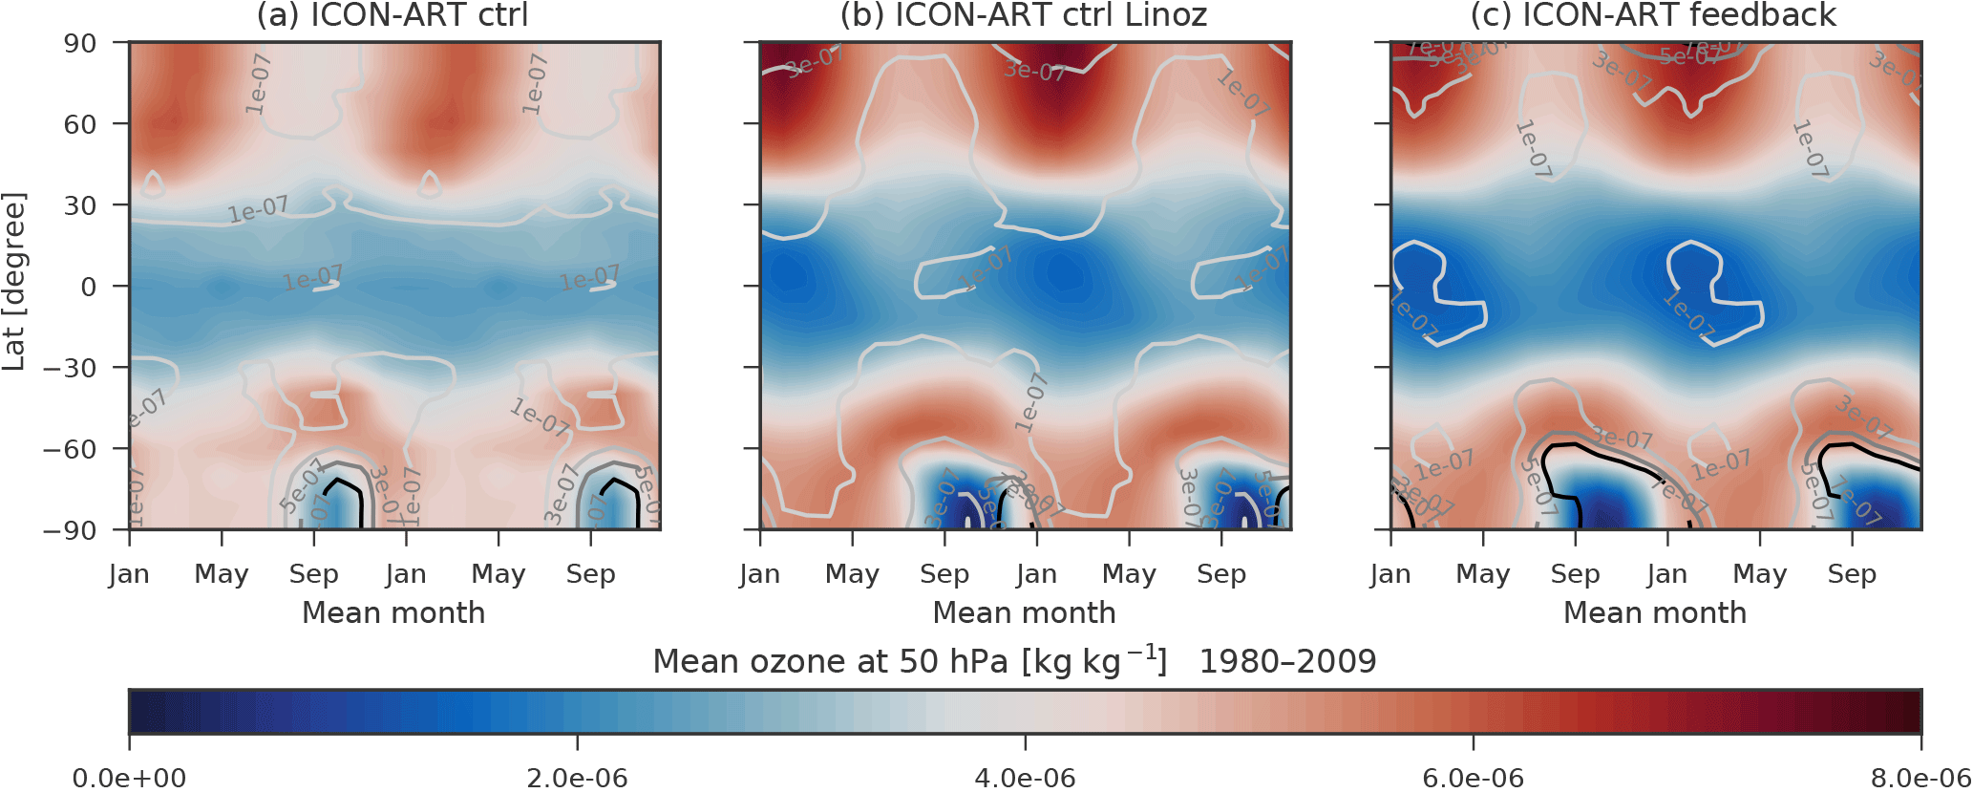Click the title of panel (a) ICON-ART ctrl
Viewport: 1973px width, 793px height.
[x=392, y=15]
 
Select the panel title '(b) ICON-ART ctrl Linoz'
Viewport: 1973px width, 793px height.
[x=1024, y=15]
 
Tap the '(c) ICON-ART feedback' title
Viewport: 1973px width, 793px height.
[x=1653, y=15]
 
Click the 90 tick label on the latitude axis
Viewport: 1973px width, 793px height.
[x=80, y=44]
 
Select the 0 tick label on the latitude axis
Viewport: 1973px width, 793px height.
[x=88, y=287]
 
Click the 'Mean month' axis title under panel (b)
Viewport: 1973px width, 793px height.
[x=1024, y=612]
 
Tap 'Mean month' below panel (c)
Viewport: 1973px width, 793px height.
[x=1654, y=612]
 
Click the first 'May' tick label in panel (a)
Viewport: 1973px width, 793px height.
[x=221, y=574]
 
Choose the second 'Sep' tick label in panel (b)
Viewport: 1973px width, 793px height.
[x=1221, y=574]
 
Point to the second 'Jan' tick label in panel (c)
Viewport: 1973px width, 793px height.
[x=1666, y=574]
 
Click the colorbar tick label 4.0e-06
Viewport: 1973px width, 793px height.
[x=1025, y=778]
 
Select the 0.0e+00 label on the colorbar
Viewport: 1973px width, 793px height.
[x=130, y=778]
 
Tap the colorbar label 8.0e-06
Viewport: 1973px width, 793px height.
[x=1920, y=778]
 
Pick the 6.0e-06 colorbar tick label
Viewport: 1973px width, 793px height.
[x=1473, y=778]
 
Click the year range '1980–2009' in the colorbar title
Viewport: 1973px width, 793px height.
[x=1287, y=661]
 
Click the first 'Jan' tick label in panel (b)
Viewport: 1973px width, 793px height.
[x=759, y=574]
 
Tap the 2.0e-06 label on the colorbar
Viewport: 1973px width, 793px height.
[x=577, y=778]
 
